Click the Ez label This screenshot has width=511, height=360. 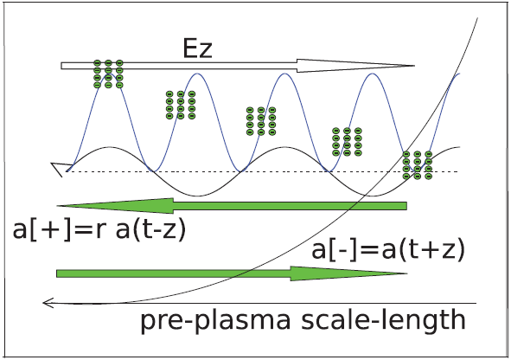[x=197, y=48]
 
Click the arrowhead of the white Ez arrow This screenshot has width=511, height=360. [x=356, y=66]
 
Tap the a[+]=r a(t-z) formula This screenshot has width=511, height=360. [x=99, y=229]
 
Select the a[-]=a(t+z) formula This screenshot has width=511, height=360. [x=388, y=250]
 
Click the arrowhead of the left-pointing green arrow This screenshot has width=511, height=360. [x=115, y=206]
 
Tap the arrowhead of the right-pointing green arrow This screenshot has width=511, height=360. [x=349, y=273]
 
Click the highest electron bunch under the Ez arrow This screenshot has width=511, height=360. [x=108, y=74]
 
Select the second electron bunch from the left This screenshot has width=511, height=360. [x=181, y=105]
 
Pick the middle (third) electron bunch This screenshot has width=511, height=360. [x=261, y=121]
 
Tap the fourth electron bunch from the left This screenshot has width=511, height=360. [x=347, y=142]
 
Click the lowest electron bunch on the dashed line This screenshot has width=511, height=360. [x=418, y=165]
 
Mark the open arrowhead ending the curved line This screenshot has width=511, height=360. [x=48, y=303]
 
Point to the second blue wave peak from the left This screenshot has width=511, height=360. [x=197, y=74]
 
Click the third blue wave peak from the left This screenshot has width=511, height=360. [x=284, y=74]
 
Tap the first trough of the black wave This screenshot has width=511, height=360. [x=198, y=196]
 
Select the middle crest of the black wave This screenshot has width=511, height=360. [x=284, y=147]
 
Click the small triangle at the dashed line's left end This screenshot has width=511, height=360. [x=58, y=168]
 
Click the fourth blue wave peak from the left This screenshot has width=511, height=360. [x=373, y=74]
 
